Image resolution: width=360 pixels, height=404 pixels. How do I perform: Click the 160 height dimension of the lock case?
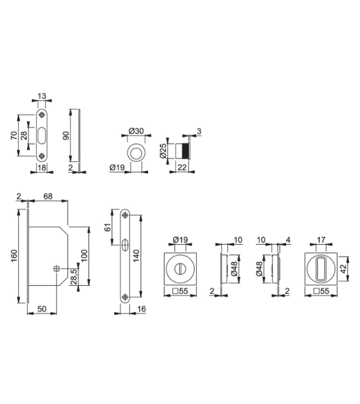(x=14, y=256)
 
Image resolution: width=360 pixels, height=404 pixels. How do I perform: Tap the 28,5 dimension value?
(x=74, y=277)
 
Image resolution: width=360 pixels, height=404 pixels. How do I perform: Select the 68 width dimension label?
(x=48, y=196)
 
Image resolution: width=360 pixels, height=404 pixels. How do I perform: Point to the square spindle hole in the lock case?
(x=56, y=269)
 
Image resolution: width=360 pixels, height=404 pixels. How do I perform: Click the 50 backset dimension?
(x=42, y=309)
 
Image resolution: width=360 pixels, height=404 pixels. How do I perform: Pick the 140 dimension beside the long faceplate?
(x=136, y=256)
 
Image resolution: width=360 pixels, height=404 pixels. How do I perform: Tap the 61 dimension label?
(x=108, y=227)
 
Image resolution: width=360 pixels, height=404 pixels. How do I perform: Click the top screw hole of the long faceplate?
(x=125, y=215)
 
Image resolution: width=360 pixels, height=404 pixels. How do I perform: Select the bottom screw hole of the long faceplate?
(x=125, y=297)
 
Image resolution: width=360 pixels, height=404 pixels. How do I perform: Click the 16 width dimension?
(x=142, y=309)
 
